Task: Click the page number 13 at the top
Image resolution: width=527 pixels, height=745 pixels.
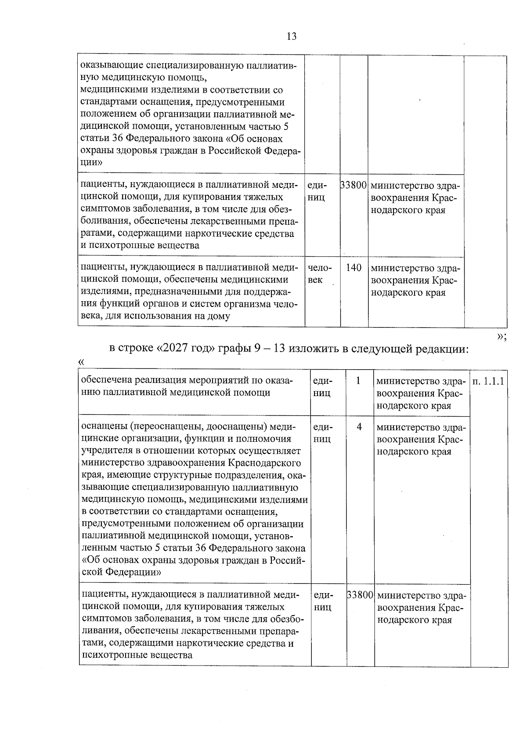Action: pyautogui.click(x=292, y=36)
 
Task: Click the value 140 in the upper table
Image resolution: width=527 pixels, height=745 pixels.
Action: pyautogui.click(x=354, y=268)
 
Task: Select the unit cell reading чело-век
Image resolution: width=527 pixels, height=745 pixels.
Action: pyautogui.click(x=320, y=274)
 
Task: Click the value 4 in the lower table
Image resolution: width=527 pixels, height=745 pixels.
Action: pyautogui.click(x=359, y=427)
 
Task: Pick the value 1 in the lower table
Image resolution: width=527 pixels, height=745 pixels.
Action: pyautogui.click(x=358, y=381)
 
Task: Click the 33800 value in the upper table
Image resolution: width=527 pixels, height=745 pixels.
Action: pyautogui.click(x=354, y=185)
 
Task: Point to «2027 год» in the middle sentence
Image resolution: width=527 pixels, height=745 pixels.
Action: pyautogui.click(x=184, y=349)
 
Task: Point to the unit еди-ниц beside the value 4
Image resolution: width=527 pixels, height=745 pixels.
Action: pyautogui.click(x=323, y=433)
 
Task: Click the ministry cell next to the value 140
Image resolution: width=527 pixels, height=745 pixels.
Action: pyautogui.click(x=415, y=280)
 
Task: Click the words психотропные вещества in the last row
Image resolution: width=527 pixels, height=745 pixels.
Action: pyautogui.click(x=137, y=655)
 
